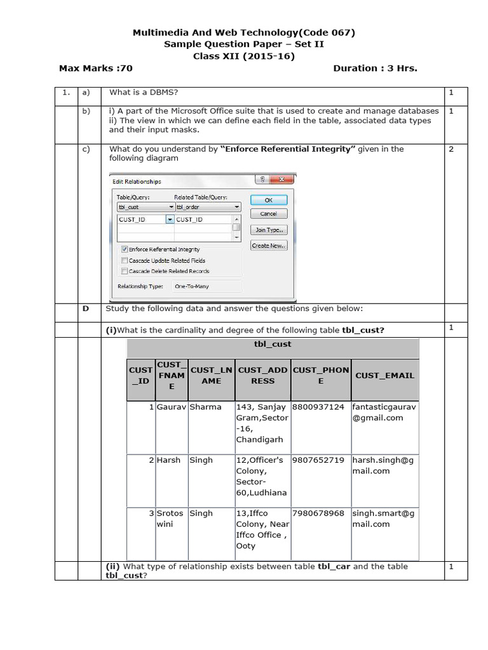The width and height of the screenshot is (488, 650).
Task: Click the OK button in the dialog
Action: [269, 199]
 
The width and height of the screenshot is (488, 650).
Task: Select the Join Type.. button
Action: [269, 230]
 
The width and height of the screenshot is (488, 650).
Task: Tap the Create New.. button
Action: [269, 246]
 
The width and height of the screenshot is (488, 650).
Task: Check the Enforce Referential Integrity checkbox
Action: [124, 249]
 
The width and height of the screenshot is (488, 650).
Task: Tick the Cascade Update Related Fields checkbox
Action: [124, 260]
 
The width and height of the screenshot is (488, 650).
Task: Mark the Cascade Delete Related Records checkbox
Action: [124, 271]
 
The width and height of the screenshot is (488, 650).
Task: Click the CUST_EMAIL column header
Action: [384, 375]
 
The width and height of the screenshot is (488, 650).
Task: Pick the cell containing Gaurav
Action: [171, 407]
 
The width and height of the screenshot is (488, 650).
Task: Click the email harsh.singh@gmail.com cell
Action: [384, 465]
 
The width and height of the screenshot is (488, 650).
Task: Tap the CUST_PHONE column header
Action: [321, 375]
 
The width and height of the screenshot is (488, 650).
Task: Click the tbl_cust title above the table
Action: [273, 344]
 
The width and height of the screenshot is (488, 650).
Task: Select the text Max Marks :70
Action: [96, 69]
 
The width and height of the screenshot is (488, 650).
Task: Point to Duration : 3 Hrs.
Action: [375, 69]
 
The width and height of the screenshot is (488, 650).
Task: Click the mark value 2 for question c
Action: [451, 149]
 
